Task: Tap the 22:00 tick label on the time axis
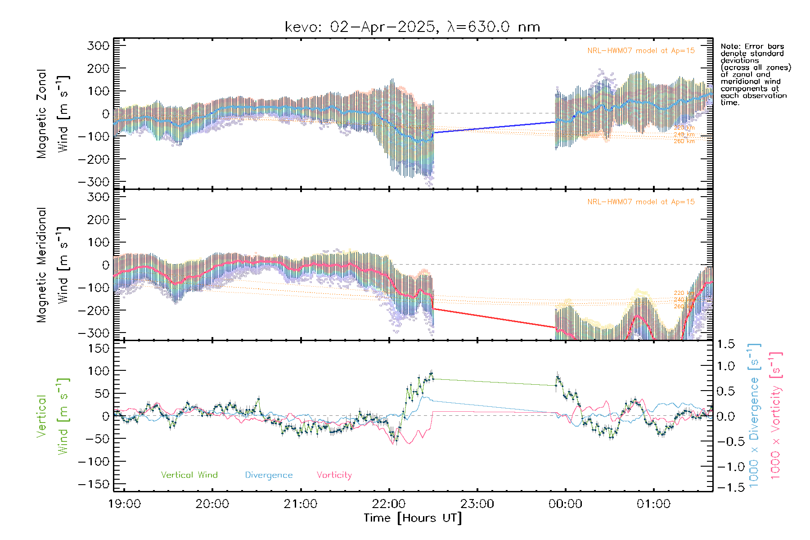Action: click(x=389, y=504)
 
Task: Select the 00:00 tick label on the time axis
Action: click(x=565, y=504)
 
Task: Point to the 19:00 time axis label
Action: click(x=125, y=504)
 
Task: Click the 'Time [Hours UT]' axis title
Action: click(x=413, y=518)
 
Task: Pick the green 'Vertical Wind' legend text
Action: click(x=189, y=475)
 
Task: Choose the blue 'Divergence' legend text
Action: click(x=269, y=475)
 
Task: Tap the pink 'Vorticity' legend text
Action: click(x=334, y=475)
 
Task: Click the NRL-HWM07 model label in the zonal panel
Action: click(x=641, y=51)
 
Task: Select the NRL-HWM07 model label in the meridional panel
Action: click(x=641, y=202)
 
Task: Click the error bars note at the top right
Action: click(x=755, y=74)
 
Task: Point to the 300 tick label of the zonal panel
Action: click(x=99, y=45)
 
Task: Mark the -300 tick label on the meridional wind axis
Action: click(x=94, y=333)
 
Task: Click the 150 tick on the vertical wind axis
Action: click(x=99, y=348)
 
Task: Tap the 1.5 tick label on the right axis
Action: click(x=726, y=344)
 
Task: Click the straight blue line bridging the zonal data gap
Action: click(x=495, y=127)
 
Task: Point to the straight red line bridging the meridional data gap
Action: click(x=495, y=318)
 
